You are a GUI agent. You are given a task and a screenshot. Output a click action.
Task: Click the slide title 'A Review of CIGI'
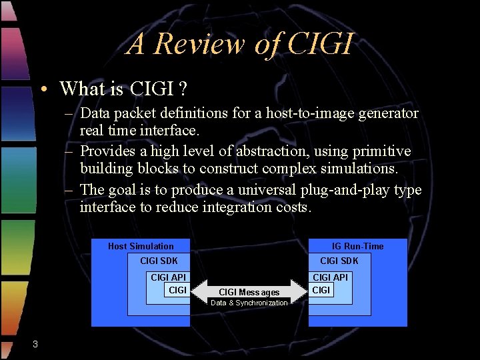(x=239, y=44)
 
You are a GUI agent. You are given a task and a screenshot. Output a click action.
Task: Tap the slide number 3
(x=35, y=344)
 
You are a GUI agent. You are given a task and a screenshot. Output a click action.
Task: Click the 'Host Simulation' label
(x=141, y=246)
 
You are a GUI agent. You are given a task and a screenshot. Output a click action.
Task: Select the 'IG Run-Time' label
(x=358, y=246)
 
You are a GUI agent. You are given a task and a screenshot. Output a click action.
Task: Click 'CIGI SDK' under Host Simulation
(x=159, y=261)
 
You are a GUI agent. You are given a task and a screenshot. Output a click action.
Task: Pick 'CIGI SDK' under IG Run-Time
(x=339, y=261)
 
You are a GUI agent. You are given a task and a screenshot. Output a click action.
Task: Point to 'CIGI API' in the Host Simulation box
(x=169, y=277)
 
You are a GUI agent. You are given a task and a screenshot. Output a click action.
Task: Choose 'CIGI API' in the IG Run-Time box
(x=330, y=277)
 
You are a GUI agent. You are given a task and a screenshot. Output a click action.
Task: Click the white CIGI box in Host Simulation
(x=177, y=290)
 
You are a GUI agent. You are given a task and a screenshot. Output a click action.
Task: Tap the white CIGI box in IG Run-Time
(x=321, y=290)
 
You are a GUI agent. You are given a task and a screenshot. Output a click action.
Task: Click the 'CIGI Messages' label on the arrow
(x=249, y=292)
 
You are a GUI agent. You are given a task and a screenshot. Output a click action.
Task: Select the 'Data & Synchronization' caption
(x=249, y=303)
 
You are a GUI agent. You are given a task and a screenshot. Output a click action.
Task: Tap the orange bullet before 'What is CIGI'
(x=42, y=89)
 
